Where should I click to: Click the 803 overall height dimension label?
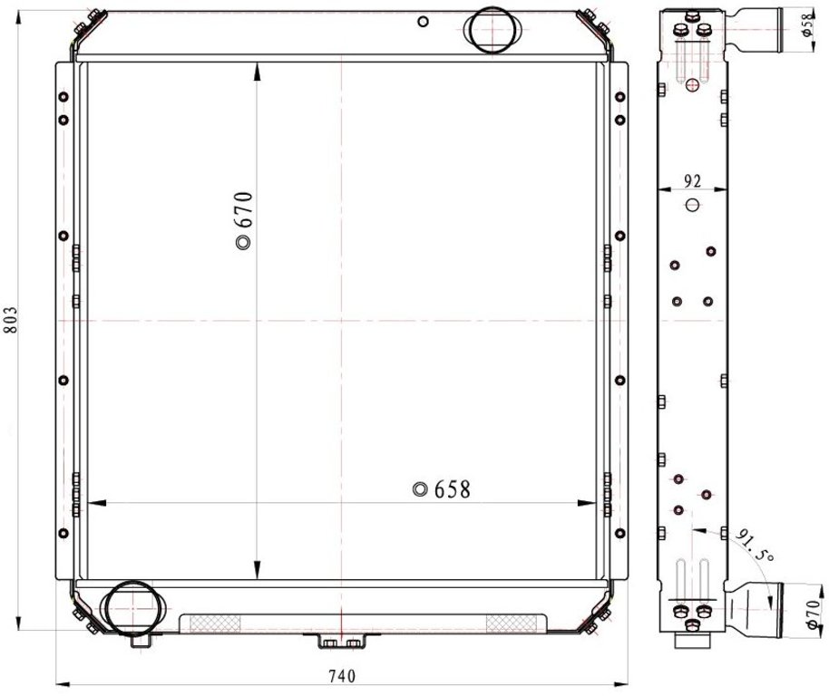click(10, 320)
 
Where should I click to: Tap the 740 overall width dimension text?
click(342, 676)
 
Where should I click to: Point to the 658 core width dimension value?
click(452, 489)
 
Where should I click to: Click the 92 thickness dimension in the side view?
click(692, 181)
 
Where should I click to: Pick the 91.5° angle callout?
click(755, 546)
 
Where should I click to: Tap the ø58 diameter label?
click(807, 24)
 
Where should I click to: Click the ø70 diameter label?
click(814, 613)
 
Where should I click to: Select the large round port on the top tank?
click(493, 30)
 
